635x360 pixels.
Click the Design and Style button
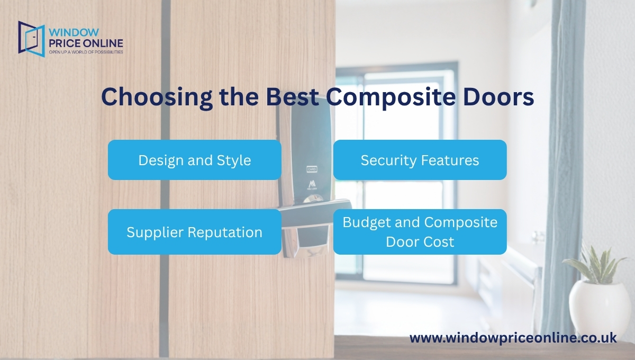click(x=194, y=160)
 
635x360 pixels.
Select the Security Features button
click(x=420, y=160)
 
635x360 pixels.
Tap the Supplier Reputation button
click(x=194, y=232)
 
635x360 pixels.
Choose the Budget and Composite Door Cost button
click(x=420, y=232)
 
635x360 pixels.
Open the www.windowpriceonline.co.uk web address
click(x=513, y=338)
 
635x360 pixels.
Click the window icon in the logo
click(x=31, y=38)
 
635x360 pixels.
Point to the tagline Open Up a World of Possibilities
click(x=86, y=52)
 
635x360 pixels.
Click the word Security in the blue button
click(x=386, y=160)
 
